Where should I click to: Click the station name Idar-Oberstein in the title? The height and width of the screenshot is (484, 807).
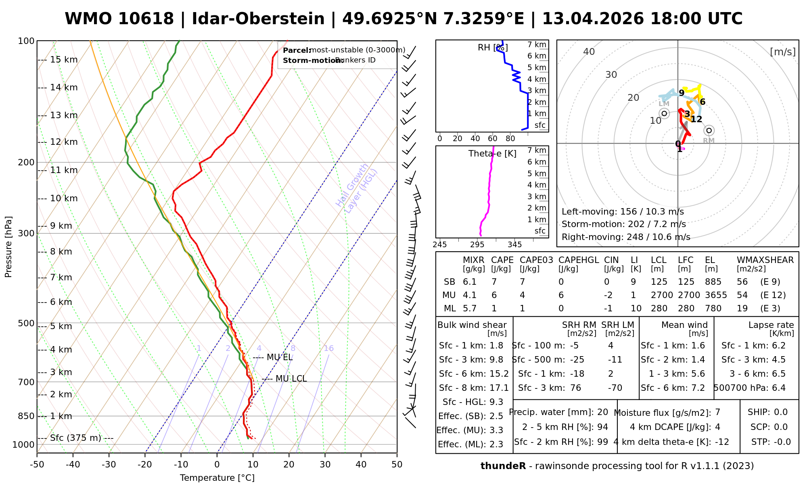(x=258, y=19)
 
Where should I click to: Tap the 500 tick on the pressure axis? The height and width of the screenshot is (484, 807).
(x=26, y=323)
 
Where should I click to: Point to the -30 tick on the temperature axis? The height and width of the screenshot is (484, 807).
(x=109, y=465)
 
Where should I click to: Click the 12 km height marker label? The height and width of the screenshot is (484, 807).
(x=64, y=142)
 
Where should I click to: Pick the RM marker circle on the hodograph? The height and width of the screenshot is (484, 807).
(x=709, y=130)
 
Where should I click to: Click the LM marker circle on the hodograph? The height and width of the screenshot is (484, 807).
(x=664, y=113)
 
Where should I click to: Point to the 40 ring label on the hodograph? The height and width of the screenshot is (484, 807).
(x=589, y=52)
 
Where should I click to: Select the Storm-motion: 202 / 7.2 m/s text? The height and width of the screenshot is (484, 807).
(x=623, y=224)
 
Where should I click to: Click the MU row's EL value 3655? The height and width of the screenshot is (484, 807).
(x=716, y=295)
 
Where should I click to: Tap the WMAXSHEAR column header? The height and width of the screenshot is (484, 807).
(x=765, y=260)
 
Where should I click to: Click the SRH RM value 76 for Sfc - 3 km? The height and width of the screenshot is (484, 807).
(x=575, y=388)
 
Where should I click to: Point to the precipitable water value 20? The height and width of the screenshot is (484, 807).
(x=602, y=412)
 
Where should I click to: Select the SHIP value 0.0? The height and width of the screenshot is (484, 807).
(x=780, y=412)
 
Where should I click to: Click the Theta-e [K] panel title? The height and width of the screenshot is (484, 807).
(x=492, y=154)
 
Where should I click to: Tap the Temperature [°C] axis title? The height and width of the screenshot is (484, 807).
(x=217, y=478)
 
